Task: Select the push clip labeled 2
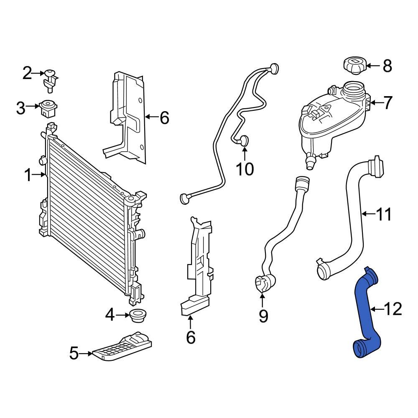[50, 79]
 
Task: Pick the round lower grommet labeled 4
[138, 316]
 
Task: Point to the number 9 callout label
[263, 316]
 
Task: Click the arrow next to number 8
[373, 66]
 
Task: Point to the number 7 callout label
[387, 102]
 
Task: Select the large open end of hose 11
[324, 271]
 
